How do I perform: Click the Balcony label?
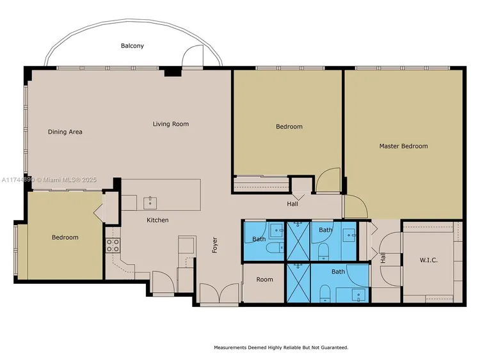click(x=132, y=46)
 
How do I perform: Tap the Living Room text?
click(x=170, y=124)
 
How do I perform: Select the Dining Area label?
click(x=65, y=132)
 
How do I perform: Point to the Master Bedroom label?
click(x=403, y=146)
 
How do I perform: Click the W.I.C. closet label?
click(x=428, y=260)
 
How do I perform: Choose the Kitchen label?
click(x=157, y=220)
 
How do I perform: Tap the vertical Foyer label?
click(x=216, y=245)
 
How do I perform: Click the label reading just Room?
click(x=264, y=279)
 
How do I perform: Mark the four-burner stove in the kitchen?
click(x=113, y=246)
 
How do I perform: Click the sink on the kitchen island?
click(x=149, y=203)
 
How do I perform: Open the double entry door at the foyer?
click(x=218, y=294)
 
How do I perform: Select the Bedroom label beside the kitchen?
click(x=65, y=238)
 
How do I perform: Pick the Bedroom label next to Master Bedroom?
click(x=289, y=127)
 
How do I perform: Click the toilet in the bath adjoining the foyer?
click(x=275, y=248)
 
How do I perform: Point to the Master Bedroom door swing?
click(x=355, y=207)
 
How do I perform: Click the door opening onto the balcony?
click(x=193, y=59)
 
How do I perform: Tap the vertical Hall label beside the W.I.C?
click(x=383, y=258)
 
